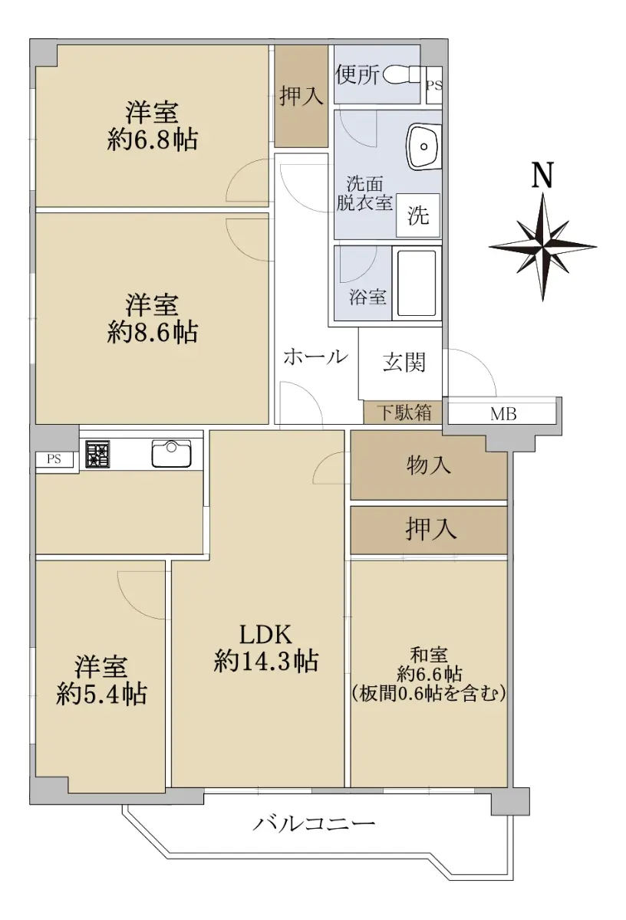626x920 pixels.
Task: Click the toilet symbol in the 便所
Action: click(x=401, y=75)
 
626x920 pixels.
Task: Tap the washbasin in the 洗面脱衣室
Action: click(x=423, y=146)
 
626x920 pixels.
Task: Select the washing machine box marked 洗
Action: click(x=418, y=215)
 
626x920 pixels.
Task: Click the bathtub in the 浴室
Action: click(x=417, y=283)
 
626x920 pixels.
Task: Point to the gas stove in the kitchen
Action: click(x=98, y=454)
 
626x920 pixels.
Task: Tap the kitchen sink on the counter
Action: click(x=171, y=453)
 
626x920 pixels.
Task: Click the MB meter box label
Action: click(x=503, y=414)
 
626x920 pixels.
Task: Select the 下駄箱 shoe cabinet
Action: click(x=403, y=412)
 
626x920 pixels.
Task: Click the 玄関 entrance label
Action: click(x=404, y=362)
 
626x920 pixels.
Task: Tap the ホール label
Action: click(x=315, y=357)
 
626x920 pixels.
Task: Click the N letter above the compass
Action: click(x=542, y=174)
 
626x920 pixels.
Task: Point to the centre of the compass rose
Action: click(x=542, y=247)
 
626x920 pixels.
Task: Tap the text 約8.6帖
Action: click(x=153, y=332)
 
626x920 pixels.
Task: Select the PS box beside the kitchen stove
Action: click(x=54, y=459)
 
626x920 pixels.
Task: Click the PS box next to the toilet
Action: click(x=434, y=85)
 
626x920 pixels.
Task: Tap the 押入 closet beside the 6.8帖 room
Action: click(x=301, y=96)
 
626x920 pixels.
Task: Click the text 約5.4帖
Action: click(x=101, y=694)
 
